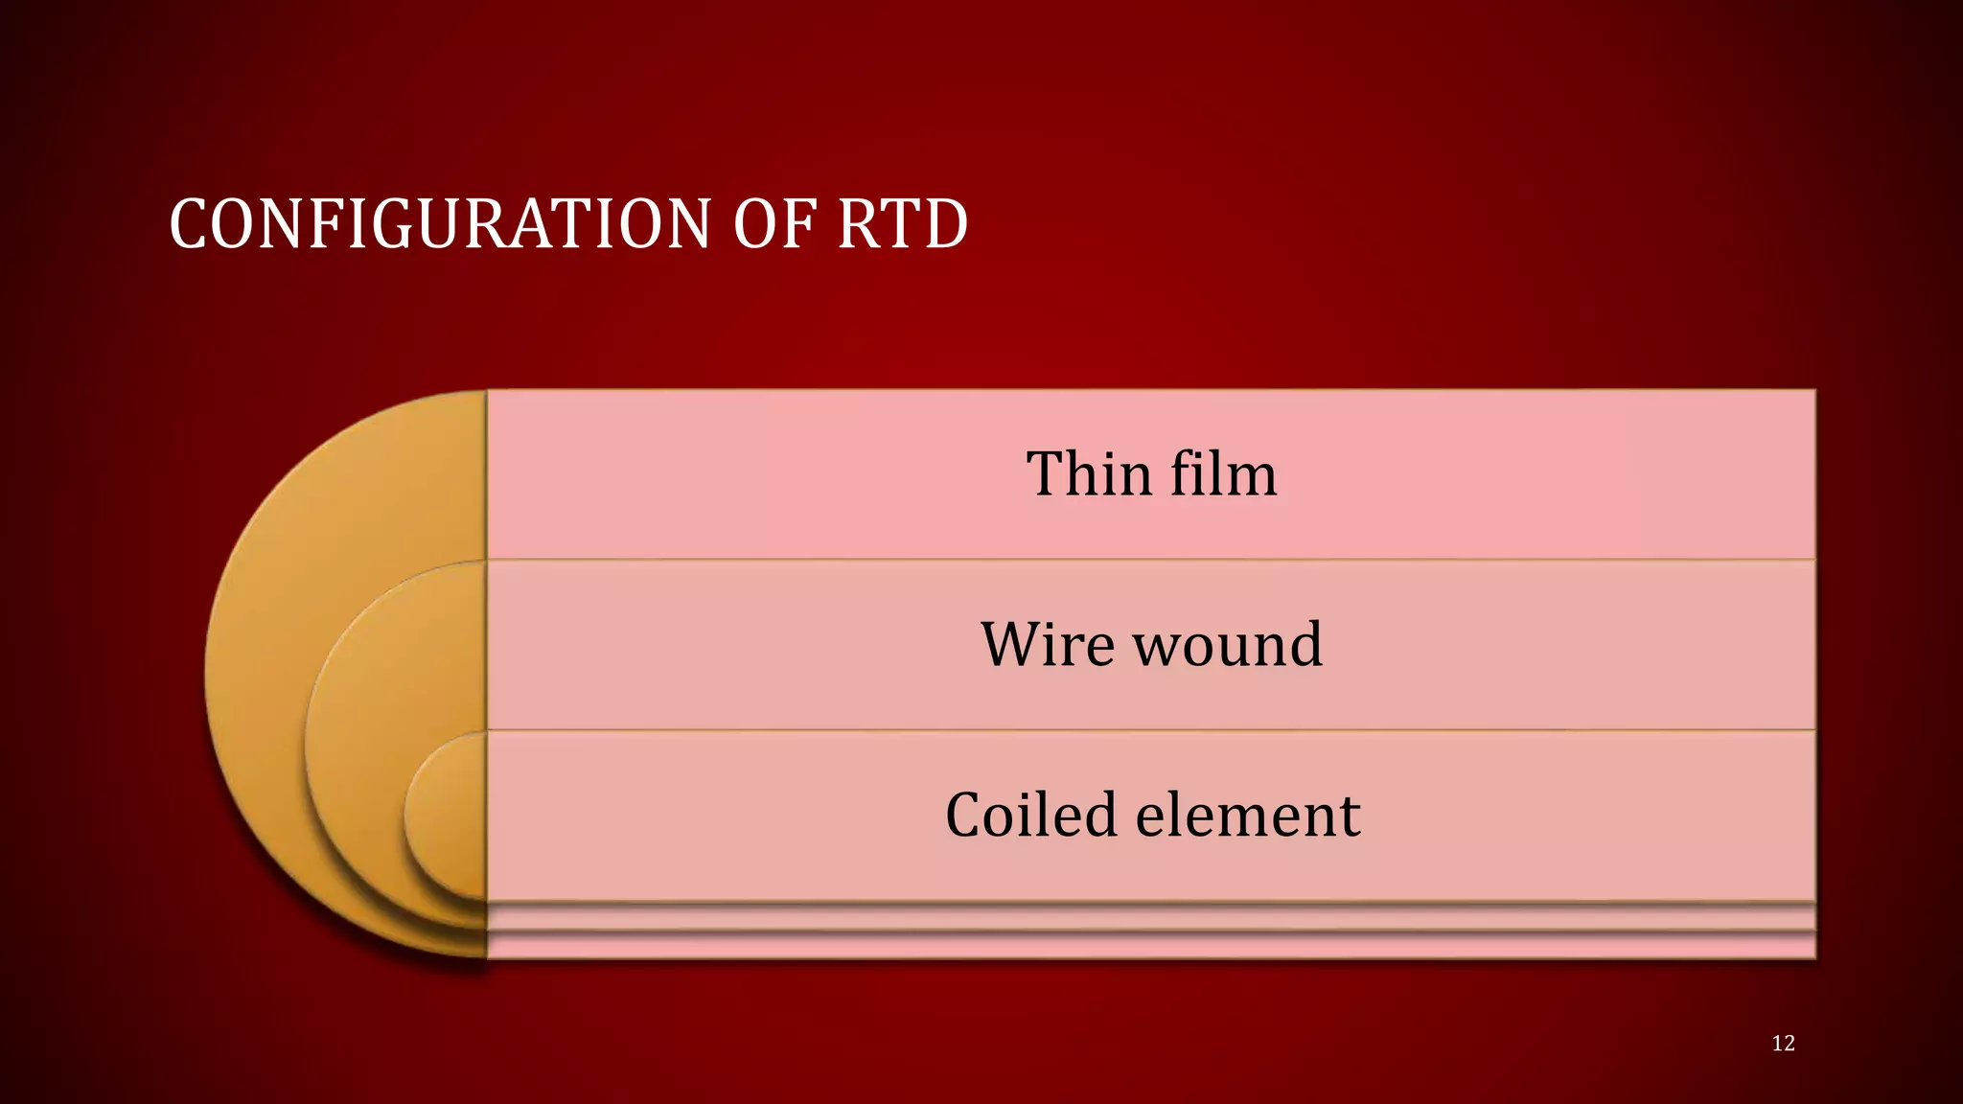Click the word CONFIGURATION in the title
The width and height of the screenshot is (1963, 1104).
pyautogui.click(x=440, y=224)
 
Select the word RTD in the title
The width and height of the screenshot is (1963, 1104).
pyautogui.click(x=902, y=224)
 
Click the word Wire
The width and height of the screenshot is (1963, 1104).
pyautogui.click(x=1048, y=644)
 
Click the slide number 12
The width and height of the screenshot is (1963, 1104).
pyautogui.click(x=1783, y=1044)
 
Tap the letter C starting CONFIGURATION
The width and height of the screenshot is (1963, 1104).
pyautogui.click(x=188, y=225)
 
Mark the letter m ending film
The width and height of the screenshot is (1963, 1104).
pyautogui.click(x=1252, y=476)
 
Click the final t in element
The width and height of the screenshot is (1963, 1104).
pyautogui.click(x=1350, y=817)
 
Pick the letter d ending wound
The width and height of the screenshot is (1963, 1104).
pyautogui.click(x=1305, y=644)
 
